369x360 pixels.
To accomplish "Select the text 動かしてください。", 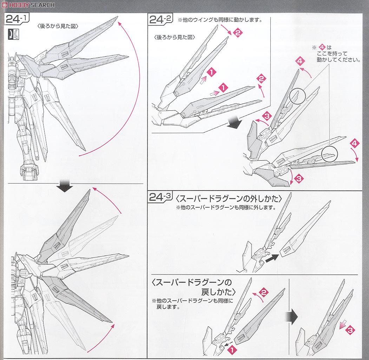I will (338, 60).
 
